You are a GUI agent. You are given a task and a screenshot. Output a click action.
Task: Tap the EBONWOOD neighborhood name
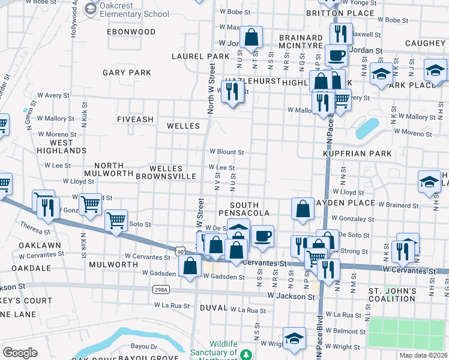click(131, 31)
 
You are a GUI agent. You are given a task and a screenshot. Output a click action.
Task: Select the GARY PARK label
click(127, 73)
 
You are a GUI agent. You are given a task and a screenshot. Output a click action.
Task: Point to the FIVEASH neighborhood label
click(135, 119)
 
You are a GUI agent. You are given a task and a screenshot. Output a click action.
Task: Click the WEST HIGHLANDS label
click(60, 146)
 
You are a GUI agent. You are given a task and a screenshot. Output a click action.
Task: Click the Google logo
click(20, 353)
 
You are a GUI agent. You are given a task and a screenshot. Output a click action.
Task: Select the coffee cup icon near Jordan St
click(336, 56)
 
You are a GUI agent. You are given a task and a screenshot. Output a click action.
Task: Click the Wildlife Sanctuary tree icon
click(246, 355)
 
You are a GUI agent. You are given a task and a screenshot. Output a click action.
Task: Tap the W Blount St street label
click(226, 152)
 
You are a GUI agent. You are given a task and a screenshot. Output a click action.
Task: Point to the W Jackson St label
click(291, 296)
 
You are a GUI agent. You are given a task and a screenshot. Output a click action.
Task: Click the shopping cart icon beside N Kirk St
click(90, 204)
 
